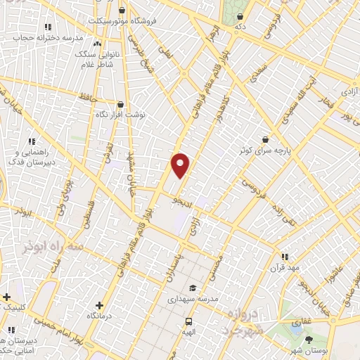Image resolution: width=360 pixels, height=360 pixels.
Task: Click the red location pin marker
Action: (181, 165)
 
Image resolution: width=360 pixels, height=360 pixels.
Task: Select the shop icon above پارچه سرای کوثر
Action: (265, 139)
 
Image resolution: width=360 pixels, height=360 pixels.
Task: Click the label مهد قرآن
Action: (285, 268)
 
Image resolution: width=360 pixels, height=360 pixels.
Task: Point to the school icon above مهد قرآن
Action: (285, 257)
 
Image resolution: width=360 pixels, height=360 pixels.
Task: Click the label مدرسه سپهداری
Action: (193, 299)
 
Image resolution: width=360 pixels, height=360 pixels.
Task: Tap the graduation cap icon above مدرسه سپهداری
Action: (193, 288)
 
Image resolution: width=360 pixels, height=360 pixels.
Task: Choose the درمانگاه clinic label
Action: (99, 317)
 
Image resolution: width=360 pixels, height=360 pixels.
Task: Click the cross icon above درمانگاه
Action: (99, 306)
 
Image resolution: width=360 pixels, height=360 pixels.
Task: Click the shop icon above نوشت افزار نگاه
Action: (127, 103)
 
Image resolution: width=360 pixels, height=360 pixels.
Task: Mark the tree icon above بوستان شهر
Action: (309, 340)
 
